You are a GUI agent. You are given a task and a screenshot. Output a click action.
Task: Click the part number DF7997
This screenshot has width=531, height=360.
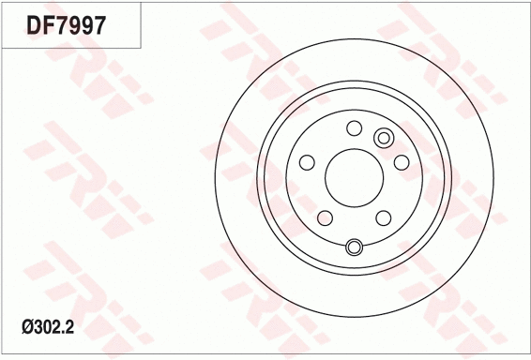[x=65, y=24]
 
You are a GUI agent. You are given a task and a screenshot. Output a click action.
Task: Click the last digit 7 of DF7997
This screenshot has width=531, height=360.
[x=97, y=24]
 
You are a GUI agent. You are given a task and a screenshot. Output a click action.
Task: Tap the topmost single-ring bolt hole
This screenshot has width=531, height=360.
[x=354, y=128]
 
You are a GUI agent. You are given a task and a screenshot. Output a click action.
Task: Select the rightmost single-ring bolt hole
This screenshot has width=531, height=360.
[x=402, y=163]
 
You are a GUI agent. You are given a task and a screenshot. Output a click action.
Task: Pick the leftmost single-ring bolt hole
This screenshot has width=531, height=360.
[x=306, y=163]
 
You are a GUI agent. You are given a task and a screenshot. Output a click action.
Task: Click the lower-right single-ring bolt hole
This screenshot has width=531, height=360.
[x=383, y=218]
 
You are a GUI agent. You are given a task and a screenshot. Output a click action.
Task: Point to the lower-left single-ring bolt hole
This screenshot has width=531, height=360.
[x=325, y=218]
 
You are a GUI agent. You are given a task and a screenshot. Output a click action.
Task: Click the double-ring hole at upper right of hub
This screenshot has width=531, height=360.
[x=383, y=139]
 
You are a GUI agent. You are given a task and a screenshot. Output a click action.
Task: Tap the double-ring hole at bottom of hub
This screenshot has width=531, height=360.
[x=354, y=247]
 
